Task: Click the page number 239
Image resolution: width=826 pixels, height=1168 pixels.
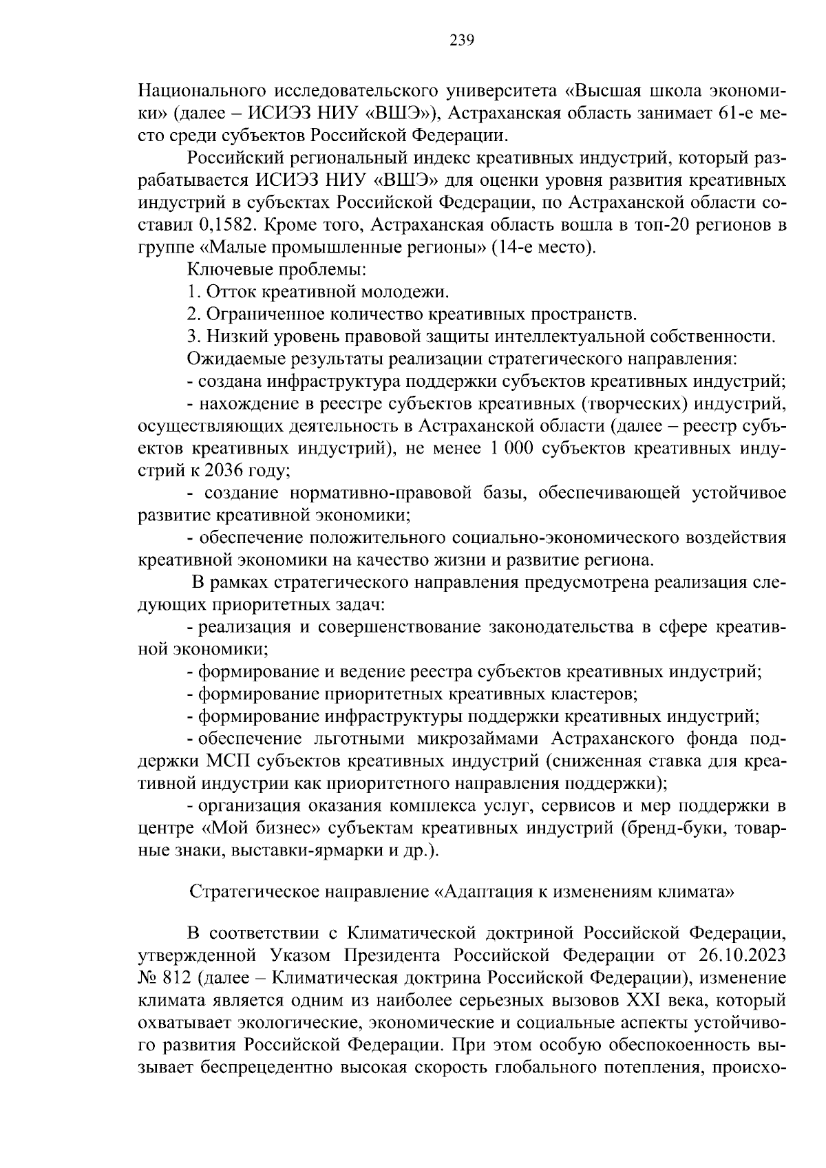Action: tap(462, 40)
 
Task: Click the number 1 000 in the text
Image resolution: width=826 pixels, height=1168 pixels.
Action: tap(512, 449)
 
